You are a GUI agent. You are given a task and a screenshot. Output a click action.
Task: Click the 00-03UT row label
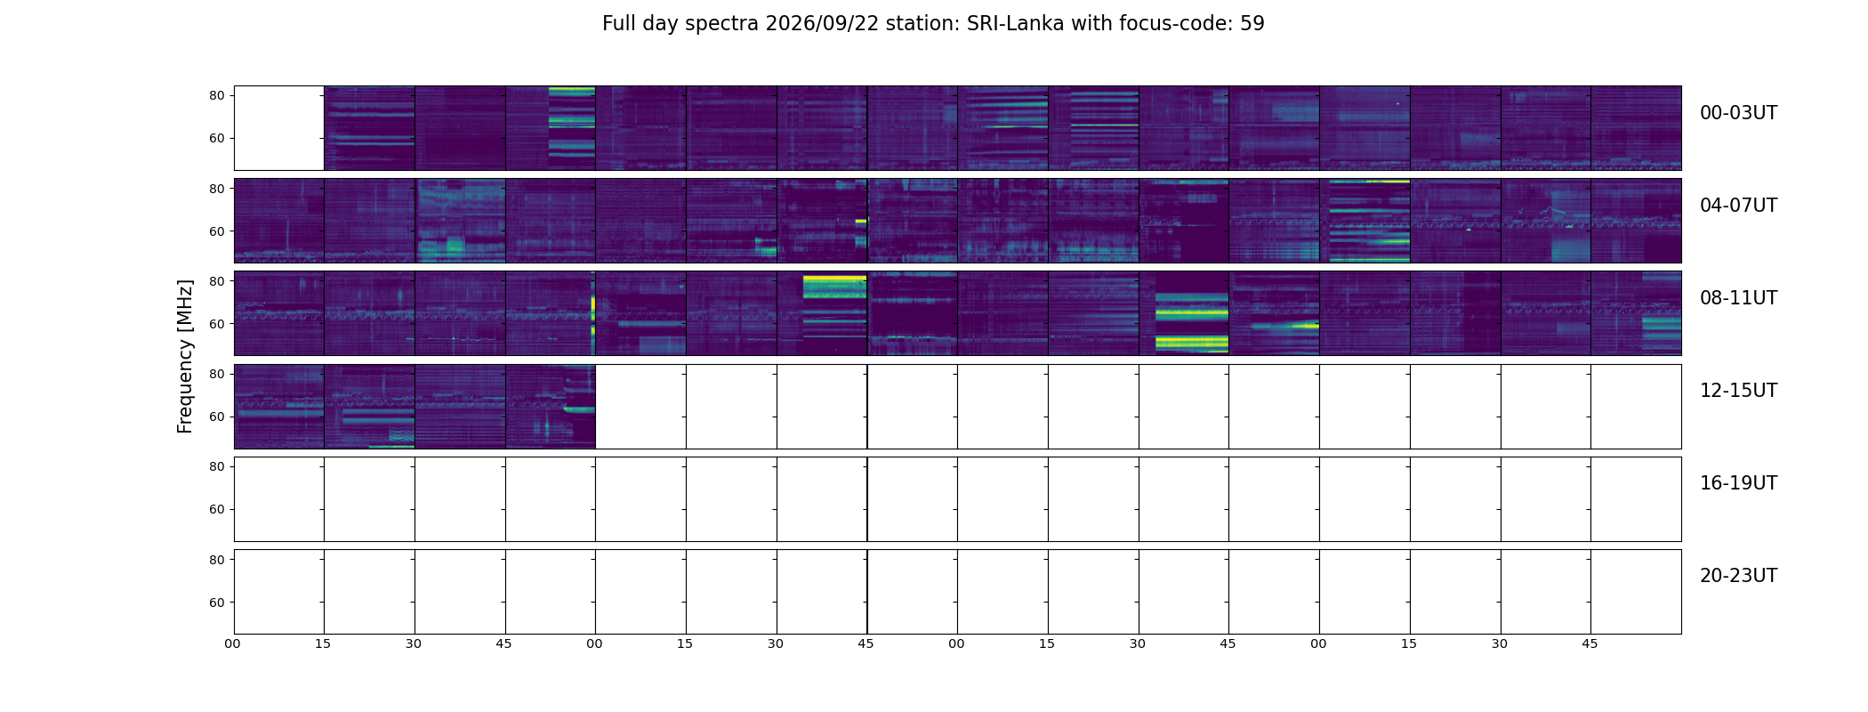point(1738,113)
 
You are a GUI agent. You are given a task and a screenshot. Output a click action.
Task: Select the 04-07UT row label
point(1738,206)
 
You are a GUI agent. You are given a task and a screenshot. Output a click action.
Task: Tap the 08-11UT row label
point(1738,298)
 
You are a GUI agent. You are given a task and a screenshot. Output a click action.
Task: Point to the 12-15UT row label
point(1738,391)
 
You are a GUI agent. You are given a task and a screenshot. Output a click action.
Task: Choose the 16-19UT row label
point(1738,483)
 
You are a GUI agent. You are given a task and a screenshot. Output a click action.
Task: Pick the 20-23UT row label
point(1738,576)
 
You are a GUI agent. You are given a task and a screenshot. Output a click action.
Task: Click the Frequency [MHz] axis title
point(185,356)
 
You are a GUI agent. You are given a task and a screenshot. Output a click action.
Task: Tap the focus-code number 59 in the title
point(1252,24)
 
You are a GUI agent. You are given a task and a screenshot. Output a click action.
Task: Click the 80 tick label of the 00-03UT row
point(216,95)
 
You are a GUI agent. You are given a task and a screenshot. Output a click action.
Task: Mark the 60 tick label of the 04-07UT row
point(216,231)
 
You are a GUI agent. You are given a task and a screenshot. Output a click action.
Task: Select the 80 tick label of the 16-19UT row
point(216,466)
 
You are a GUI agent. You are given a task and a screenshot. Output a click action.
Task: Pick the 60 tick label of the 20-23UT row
point(216,603)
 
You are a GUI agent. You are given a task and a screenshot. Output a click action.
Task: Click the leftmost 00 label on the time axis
point(232,643)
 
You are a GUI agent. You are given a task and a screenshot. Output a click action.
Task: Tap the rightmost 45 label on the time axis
point(1590,643)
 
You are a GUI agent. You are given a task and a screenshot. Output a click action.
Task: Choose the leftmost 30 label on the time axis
point(414,643)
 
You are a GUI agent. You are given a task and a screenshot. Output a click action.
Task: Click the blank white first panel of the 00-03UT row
point(279,128)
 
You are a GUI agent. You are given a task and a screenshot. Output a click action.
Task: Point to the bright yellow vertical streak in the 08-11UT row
point(593,315)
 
